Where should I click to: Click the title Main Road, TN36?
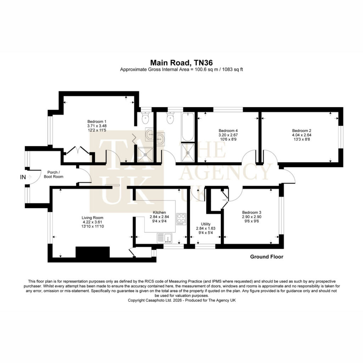(181, 63)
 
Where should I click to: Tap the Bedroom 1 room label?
(97, 122)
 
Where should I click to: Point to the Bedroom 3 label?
(252, 212)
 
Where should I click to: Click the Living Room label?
(93, 218)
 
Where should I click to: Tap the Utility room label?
(206, 224)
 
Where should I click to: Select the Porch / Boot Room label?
(54, 174)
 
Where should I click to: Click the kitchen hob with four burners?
(181, 219)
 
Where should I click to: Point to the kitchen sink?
(164, 238)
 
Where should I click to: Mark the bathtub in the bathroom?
(188, 127)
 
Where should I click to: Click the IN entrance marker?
(23, 177)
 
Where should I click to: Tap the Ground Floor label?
(267, 257)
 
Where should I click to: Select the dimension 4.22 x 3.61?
(93, 222)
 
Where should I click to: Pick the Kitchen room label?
(159, 212)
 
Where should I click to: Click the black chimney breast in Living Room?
(93, 252)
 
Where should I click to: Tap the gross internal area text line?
(181, 69)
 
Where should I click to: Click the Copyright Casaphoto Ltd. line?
(182, 300)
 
